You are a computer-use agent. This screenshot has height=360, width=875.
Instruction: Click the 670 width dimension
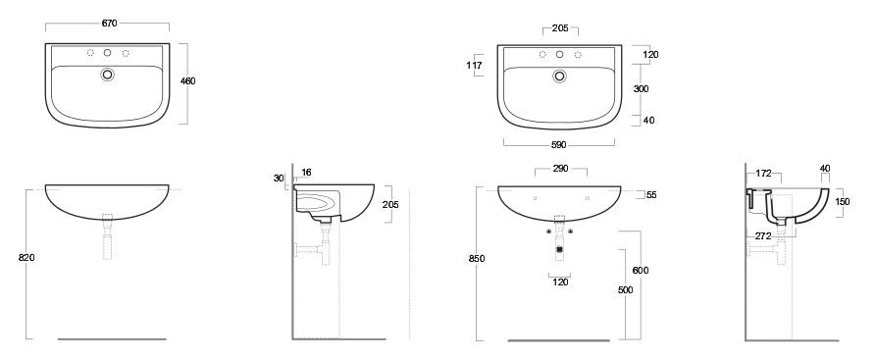point(110,24)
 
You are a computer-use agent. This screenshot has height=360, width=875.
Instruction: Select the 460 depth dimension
point(188,81)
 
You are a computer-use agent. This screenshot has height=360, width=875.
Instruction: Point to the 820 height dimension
point(26,258)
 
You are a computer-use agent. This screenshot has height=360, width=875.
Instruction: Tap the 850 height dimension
point(477,258)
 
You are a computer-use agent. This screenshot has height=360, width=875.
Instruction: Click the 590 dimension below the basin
point(558,145)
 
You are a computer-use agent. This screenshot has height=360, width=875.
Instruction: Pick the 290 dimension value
point(561,168)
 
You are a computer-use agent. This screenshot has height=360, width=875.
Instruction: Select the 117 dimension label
point(475,66)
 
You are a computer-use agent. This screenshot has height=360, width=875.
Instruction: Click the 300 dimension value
point(642,88)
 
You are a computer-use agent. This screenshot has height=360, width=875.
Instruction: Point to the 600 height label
point(642,271)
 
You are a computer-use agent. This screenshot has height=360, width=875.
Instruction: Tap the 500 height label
point(626,290)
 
